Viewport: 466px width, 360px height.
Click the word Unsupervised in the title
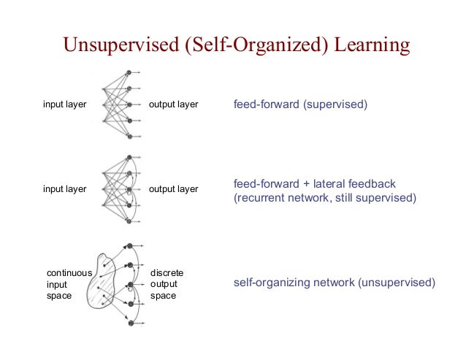click(x=121, y=46)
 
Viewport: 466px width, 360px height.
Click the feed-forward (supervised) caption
click(x=300, y=104)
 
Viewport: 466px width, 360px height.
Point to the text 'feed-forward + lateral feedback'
click(x=314, y=183)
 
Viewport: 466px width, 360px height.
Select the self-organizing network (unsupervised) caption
click(x=334, y=282)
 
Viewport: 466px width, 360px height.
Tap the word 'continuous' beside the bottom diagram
click(x=69, y=273)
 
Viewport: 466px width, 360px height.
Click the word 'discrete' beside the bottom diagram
click(x=167, y=273)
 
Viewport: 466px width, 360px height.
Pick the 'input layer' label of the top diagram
click(x=64, y=104)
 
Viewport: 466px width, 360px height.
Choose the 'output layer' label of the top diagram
click(x=173, y=104)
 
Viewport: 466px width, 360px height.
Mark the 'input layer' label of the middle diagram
click(x=64, y=189)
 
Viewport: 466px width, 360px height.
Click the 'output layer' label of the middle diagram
click(x=173, y=189)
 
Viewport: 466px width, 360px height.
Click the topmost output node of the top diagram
click(x=129, y=72)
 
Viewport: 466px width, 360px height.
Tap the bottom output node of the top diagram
click(x=129, y=137)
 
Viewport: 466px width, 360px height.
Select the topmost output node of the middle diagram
click(x=129, y=157)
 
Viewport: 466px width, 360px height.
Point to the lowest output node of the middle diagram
click(x=129, y=221)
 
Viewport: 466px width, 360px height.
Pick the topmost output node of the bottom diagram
click(x=129, y=247)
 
